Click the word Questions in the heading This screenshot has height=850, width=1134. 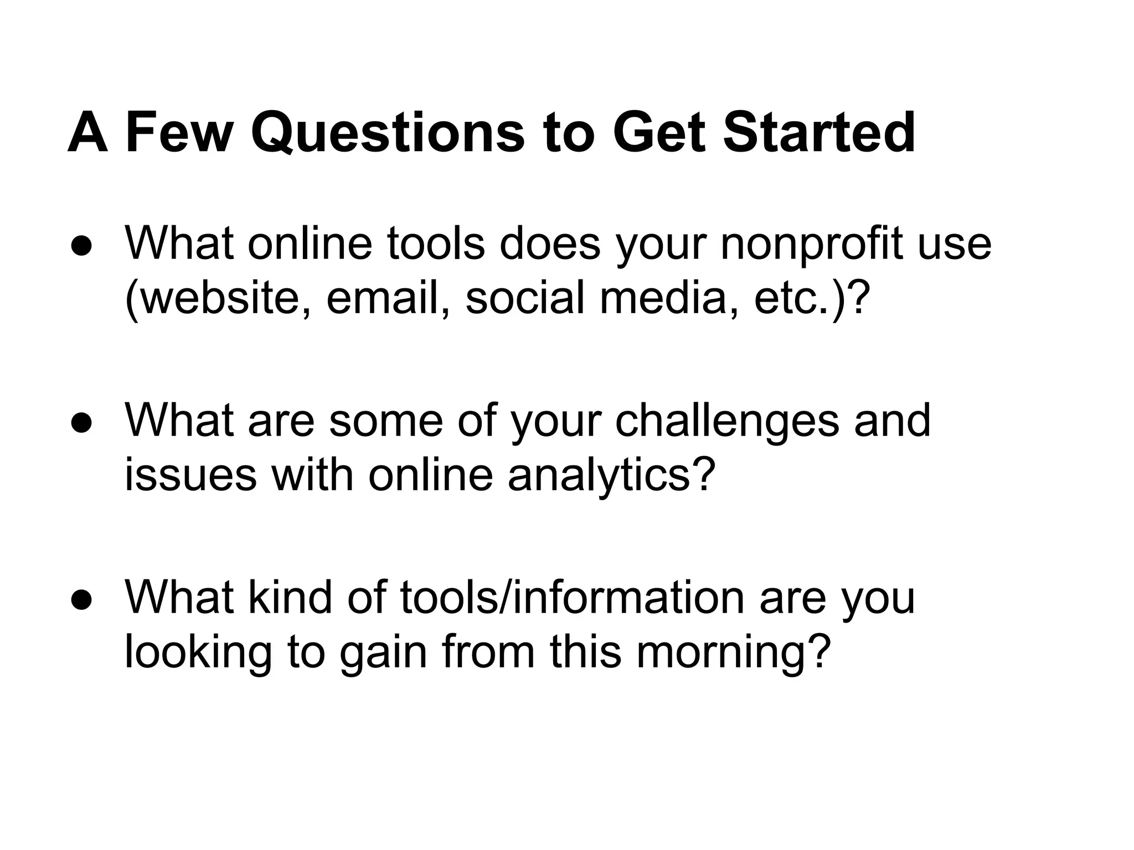387,133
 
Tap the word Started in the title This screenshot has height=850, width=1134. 819,133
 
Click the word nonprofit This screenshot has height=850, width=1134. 812,245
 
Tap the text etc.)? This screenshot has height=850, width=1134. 809,299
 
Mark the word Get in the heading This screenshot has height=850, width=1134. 659,133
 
